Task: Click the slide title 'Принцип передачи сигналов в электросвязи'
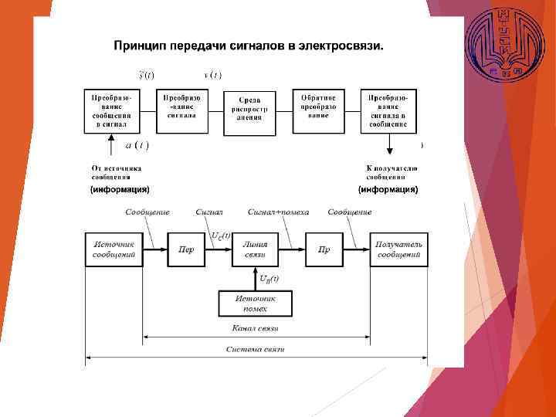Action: pyautogui.click(x=249, y=46)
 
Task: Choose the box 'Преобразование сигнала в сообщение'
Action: pyautogui.click(x=388, y=110)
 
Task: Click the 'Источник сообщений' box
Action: pyautogui.click(x=114, y=249)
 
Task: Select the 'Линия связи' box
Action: pyautogui.click(x=255, y=249)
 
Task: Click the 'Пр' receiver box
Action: pyautogui.click(x=324, y=249)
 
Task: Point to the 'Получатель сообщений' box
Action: pyautogui.click(x=398, y=249)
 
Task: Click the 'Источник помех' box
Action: pyautogui.click(x=255, y=303)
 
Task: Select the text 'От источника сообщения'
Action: pyautogui.click(x=116, y=171)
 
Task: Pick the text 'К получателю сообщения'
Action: pyautogui.click(x=392, y=171)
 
